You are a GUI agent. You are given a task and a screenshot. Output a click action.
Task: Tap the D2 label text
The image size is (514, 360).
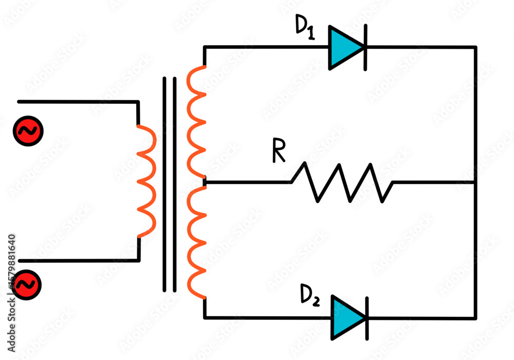tap(310, 297)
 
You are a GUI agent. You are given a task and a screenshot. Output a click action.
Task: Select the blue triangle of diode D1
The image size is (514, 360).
tap(343, 47)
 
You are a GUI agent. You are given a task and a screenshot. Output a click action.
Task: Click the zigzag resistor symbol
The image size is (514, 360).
tap(342, 182)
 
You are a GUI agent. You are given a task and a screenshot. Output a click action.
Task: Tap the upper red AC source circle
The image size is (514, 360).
tap(28, 131)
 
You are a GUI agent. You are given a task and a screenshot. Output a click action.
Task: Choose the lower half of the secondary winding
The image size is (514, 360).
tap(196, 242)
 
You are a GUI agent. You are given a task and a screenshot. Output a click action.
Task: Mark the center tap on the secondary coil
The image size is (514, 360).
tap(205, 182)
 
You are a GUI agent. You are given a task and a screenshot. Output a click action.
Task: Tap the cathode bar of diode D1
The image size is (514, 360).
tap(365, 47)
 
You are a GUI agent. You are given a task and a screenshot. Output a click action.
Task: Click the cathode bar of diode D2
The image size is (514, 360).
tap(366, 317)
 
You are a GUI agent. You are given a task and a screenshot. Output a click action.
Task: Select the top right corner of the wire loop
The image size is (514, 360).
tap(475, 47)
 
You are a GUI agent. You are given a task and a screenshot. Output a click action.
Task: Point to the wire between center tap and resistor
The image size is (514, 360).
tap(247, 182)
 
